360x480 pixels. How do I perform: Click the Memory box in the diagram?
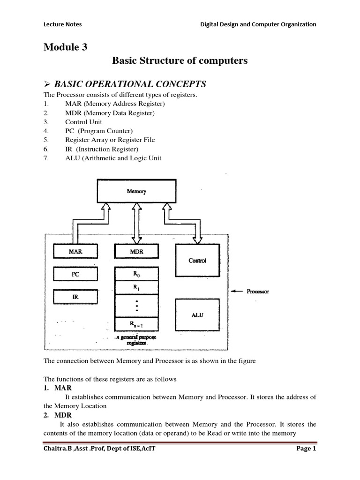pyautogui.click(x=136, y=192)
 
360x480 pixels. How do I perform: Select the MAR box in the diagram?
pyautogui.click(x=75, y=252)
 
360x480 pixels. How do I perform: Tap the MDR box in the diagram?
pyautogui.click(x=136, y=252)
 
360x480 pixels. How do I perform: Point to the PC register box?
pyautogui.click(x=75, y=274)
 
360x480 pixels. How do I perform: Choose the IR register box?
pyautogui.click(x=75, y=297)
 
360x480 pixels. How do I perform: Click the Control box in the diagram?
pyautogui.click(x=197, y=261)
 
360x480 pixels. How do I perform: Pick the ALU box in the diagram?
pyautogui.click(x=197, y=315)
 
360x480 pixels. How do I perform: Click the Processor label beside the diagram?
pyautogui.click(x=258, y=291)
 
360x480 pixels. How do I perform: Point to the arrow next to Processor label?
pyautogui.click(x=238, y=291)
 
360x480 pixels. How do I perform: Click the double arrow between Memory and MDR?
pyautogui.click(x=136, y=223)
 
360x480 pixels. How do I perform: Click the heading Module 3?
pyautogui.click(x=66, y=47)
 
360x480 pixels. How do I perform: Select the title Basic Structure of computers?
pyautogui.click(x=180, y=61)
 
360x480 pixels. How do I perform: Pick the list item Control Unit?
pyautogui.click(x=83, y=122)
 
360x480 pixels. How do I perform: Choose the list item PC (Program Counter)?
pyautogui.click(x=99, y=131)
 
